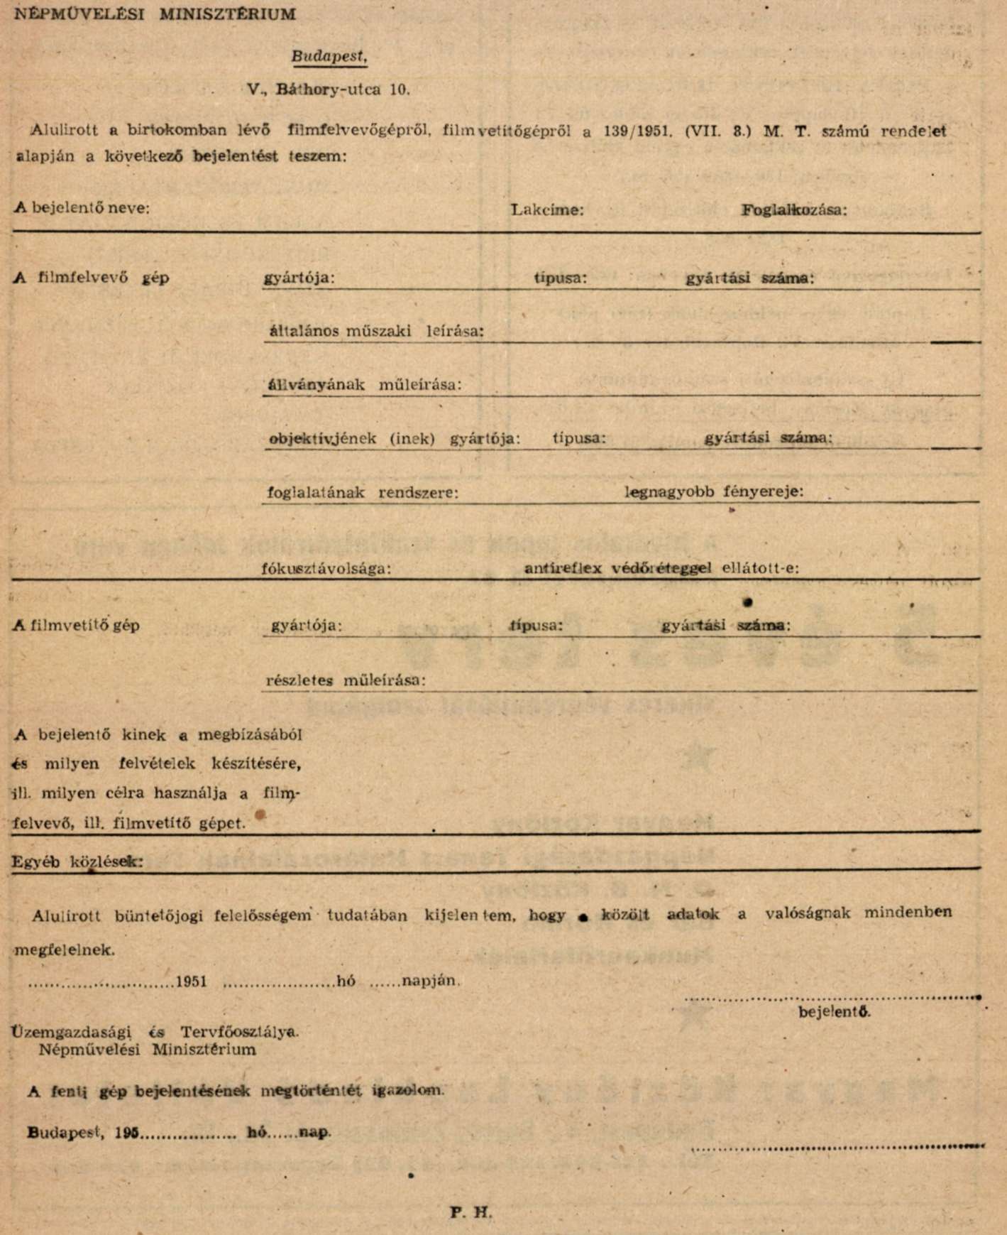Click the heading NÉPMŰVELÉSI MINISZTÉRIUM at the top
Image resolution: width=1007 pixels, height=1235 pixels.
[x=155, y=14]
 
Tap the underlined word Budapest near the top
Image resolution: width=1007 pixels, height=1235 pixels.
[x=329, y=57]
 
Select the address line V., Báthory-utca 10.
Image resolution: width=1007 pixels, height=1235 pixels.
[x=328, y=90]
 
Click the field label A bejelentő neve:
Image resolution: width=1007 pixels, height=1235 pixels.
[x=82, y=208]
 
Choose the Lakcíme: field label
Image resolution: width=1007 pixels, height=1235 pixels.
[x=547, y=210]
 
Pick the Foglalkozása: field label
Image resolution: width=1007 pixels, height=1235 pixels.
[x=794, y=210]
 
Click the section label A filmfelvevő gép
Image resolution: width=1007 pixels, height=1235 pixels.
[x=92, y=278]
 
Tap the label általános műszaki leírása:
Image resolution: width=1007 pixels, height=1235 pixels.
[x=377, y=331]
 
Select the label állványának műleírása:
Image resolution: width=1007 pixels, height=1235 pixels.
[x=364, y=385]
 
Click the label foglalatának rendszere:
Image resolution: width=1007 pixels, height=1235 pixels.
[x=363, y=492]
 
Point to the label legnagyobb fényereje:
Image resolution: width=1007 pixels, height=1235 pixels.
[x=714, y=491]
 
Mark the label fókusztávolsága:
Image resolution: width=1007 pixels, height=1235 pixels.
[x=326, y=569]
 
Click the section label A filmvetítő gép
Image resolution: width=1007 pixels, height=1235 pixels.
[x=77, y=626]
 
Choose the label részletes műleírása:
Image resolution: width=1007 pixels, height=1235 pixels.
[x=346, y=680]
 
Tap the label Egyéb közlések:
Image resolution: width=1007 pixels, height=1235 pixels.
[x=77, y=862]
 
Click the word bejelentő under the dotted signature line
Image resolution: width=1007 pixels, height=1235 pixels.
[x=835, y=1012]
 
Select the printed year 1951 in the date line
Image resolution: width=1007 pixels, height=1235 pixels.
[x=191, y=982]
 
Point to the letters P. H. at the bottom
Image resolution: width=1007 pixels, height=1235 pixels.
[x=471, y=1212]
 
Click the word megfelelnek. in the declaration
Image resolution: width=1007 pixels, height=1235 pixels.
[x=65, y=950]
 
